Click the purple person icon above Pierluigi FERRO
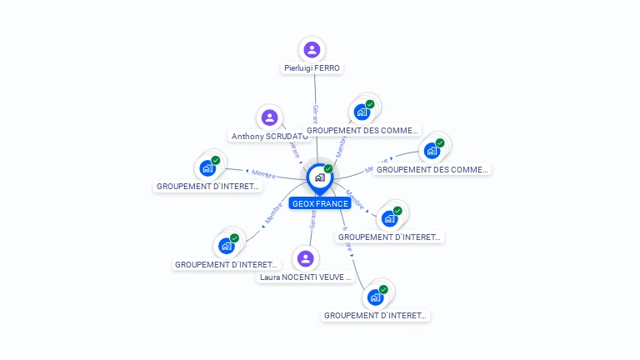312,49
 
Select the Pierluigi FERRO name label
312,68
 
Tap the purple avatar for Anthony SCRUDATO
268,117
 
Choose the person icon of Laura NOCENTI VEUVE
306,258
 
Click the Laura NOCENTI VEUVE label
305,277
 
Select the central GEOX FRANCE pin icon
318,177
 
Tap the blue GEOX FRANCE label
320,203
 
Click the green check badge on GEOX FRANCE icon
328,169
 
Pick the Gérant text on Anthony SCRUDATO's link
293,148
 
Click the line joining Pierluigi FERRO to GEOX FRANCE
316,92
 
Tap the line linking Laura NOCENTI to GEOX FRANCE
311,233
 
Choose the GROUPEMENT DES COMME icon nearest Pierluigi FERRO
362,112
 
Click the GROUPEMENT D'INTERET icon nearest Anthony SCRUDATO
207,167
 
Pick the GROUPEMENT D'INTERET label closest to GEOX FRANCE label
389,237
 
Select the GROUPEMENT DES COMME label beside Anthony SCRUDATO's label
362,130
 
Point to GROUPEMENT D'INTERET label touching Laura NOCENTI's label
225,264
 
